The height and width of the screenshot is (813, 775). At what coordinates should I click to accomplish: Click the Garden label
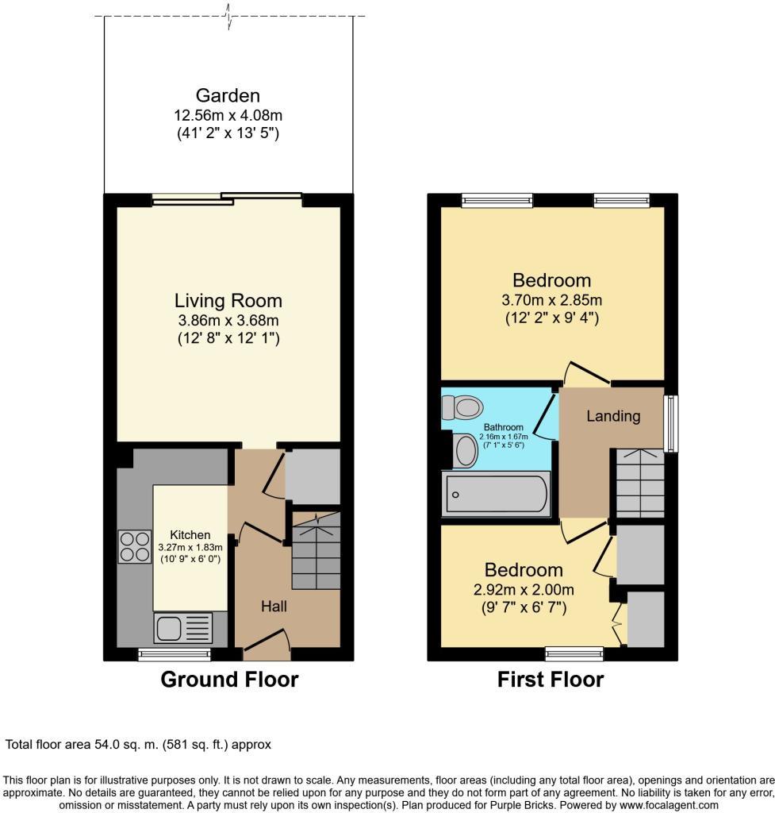coord(228,96)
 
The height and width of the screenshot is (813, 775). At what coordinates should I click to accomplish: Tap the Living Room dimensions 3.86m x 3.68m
coord(228,320)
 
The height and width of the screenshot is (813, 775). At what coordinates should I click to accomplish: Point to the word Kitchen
coord(189,534)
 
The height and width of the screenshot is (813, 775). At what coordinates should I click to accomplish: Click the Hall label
coord(274,607)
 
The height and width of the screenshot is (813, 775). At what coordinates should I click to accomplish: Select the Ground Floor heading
coord(229,680)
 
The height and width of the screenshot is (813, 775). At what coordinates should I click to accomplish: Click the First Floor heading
coord(550,680)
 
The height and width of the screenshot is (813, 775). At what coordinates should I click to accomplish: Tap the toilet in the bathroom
coord(462,407)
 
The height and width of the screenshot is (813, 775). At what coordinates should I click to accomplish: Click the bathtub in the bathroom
coord(497,495)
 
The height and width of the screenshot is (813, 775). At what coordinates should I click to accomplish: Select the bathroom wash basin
coord(464,452)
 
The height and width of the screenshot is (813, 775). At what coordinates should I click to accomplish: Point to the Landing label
coord(613,415)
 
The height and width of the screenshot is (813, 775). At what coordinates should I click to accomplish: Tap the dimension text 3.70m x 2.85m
coord(551,300)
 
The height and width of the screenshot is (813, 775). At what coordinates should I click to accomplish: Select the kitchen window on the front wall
coord(175,655)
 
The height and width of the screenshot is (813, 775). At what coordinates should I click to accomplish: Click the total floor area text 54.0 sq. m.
coord(139,745)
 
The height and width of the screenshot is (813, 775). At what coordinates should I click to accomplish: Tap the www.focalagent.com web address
coord(664,803)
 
